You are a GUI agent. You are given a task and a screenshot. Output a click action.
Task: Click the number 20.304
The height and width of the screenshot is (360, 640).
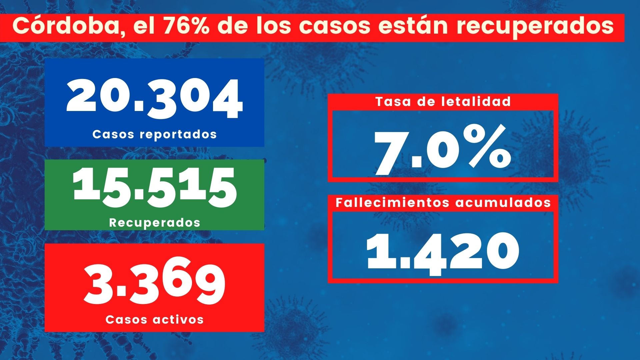[155, 99]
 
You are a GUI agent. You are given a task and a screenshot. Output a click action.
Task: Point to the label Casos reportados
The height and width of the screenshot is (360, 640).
[155, 134]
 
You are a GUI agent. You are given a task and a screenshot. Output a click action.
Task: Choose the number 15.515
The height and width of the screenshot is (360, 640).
[155, 188]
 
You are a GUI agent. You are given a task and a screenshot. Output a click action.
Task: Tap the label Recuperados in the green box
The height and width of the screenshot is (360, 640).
[155, 222]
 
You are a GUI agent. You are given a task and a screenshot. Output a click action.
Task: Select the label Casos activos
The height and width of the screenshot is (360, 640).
[155, 319]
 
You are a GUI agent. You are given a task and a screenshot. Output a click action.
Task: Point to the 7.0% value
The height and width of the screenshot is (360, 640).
[443, 150]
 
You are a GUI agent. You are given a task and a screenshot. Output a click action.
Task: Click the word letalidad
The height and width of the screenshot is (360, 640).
[477, 102]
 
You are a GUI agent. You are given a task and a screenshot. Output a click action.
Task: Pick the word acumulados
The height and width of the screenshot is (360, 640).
[503, 203]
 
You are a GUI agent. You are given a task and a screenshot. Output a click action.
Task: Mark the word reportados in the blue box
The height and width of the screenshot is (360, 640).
[178, 135]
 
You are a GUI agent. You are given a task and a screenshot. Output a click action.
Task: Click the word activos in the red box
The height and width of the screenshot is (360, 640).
[178, 319]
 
